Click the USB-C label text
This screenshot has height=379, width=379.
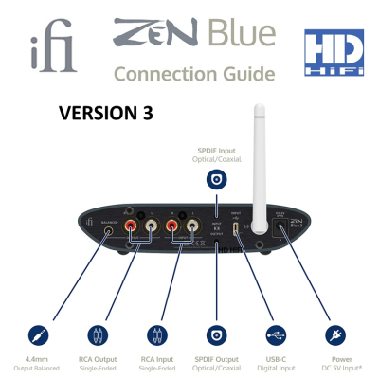tap(275, 359)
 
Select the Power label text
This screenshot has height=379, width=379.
tap(334, 359)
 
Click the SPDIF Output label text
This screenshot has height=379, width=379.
tap(217, 359)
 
